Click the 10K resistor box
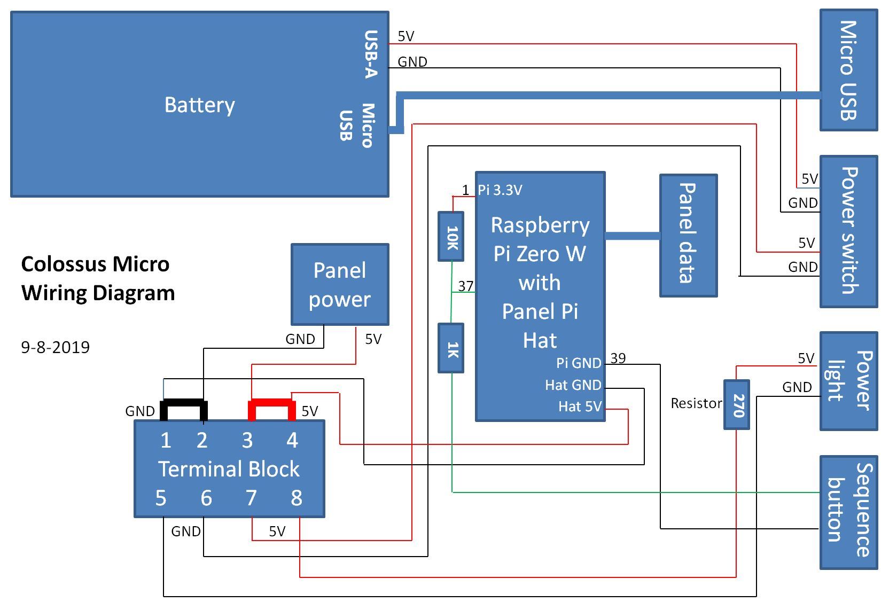[451, 237]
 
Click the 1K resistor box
[451, 348]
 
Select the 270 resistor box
[737, 404]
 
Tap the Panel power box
[340, 284]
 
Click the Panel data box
[688, 235]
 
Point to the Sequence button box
[848, 512]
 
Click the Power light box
[848, 381]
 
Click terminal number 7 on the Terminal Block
[251, 498]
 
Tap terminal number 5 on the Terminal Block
[161, 498]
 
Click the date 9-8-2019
[56, 347]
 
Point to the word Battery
[199, 105]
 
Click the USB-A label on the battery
[370, 54]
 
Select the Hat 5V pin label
[580, 406]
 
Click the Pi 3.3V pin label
[500, 190]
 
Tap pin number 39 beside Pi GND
[618, 358]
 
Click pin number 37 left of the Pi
[465, 286]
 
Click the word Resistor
[696, 403]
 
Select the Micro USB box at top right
[848, 70]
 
